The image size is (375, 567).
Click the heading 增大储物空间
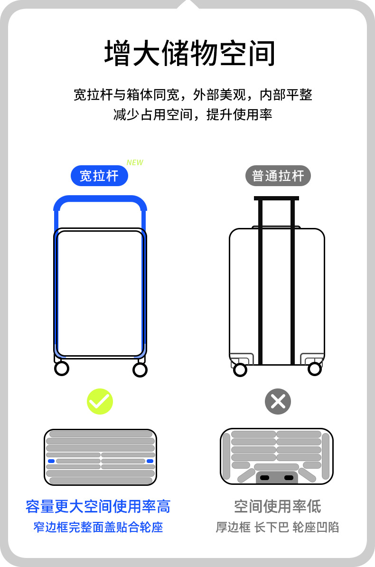pos(189,54)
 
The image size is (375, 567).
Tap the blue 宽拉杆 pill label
pos(99,176)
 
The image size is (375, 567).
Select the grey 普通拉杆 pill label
pos(278,176)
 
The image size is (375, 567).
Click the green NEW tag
pos(135,162)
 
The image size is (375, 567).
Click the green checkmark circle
pos(100,402)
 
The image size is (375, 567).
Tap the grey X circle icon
pos(278,402)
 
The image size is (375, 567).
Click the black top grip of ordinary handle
pos(276,198)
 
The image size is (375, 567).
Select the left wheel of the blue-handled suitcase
pos(61,369)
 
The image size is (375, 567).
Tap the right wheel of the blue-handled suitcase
pos(140,369)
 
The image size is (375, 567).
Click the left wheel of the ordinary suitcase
pos(240,369)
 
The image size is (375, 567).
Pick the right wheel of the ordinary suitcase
pos(314,369)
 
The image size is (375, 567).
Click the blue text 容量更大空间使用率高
pos(98,507)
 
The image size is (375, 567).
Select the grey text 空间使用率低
pos(277,507)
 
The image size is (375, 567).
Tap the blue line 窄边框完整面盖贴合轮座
pos(98,527)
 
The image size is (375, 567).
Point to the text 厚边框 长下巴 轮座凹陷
pos(277,527)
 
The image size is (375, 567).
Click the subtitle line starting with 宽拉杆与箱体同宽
pos(193,94)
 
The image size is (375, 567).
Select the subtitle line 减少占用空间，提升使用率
pos(193,114)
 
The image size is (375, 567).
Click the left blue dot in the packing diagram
pos(51,461)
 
